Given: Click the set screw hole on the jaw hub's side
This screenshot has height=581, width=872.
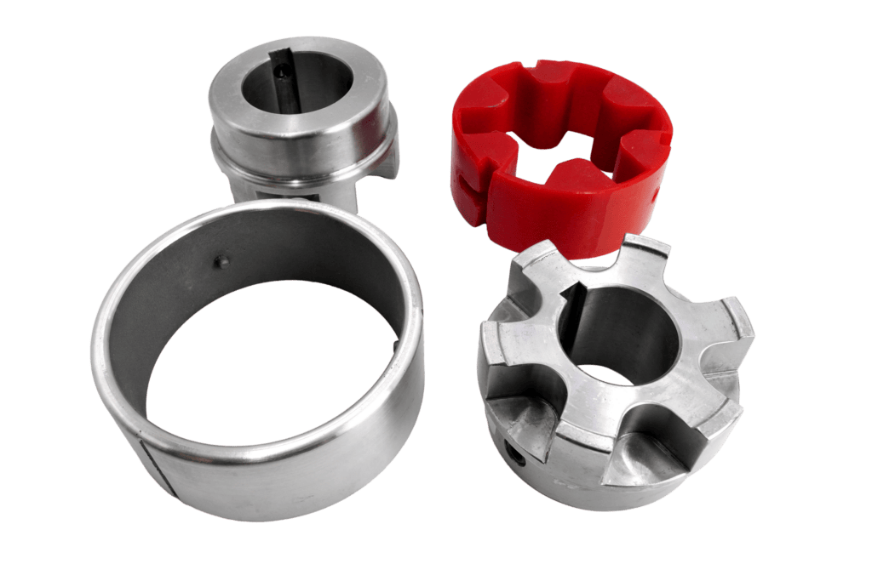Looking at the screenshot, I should [x=514, y=453].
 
